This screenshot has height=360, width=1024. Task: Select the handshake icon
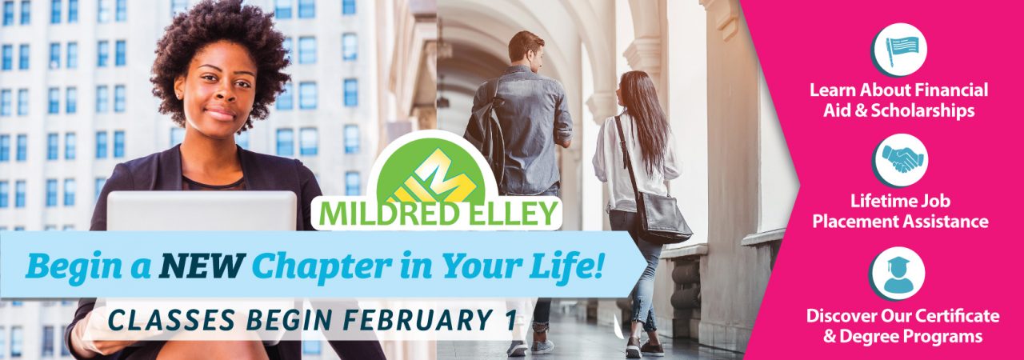[x=899, y=160]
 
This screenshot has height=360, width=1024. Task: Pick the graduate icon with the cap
[x=897, y=274]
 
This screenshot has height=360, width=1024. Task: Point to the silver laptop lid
[x=202, y=211]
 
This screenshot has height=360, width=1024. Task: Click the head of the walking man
[x=526, y=47]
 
